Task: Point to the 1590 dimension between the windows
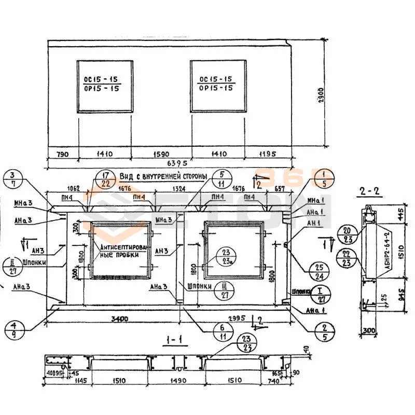[x=161, y=154]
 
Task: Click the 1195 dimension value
[x=267, y=154]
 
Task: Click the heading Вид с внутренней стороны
[x=163, y=176]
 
